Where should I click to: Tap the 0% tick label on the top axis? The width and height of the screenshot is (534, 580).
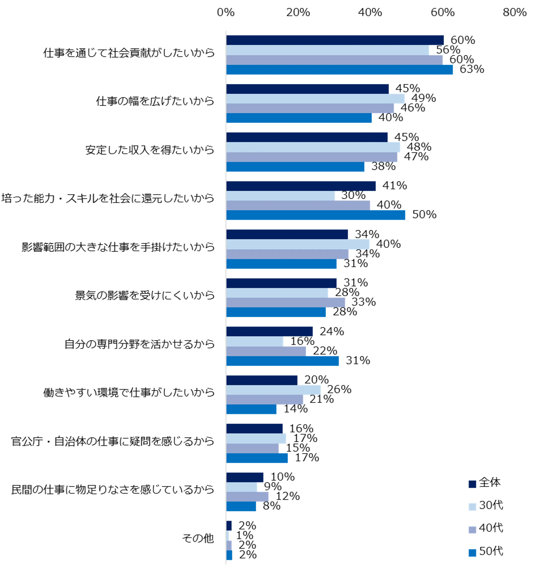[226, 12]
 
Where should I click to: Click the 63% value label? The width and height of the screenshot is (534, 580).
[472, 69]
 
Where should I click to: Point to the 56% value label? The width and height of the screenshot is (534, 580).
[448, 50]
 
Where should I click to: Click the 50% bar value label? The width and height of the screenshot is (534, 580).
[424, 214]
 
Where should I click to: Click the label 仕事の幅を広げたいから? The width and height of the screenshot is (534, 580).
[155, 101]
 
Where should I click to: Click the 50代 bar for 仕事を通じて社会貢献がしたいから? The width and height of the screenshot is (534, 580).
[339, 70]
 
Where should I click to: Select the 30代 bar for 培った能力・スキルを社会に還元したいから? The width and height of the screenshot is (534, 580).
[280, 196]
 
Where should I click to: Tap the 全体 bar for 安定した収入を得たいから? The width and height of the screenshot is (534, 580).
[307, 137]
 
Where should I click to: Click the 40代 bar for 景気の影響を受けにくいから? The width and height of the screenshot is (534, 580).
[286, 302]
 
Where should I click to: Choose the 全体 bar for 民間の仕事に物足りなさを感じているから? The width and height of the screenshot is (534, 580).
[244, 477]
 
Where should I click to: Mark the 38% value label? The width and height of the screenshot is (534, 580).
[383, 166]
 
